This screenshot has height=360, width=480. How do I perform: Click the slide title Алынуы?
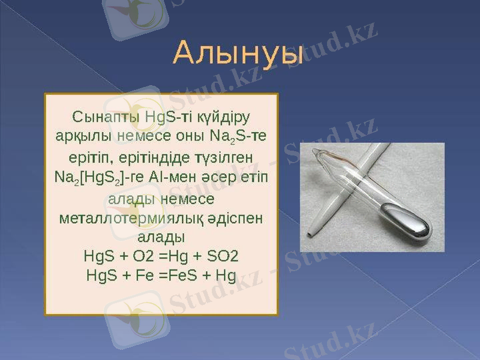click(x=238, y=53)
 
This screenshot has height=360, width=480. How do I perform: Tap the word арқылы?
click(x=79, y=136)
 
